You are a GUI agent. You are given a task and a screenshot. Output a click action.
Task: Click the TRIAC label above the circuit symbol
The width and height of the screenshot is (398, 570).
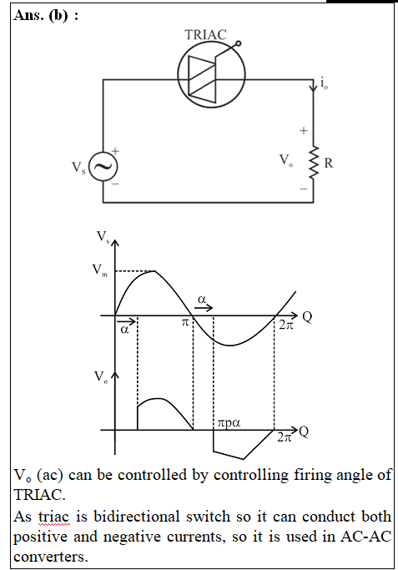coord(205,35)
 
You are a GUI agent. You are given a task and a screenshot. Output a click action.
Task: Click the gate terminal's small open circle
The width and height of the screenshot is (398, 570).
coord(238,44)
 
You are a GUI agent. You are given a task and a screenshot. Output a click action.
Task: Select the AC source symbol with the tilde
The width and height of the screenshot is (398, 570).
coord(103,166)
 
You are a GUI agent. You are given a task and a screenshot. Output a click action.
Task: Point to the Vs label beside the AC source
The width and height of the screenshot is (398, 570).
coord(78,168)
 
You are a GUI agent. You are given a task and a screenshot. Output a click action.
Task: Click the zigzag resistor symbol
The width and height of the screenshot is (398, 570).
coord(314,163)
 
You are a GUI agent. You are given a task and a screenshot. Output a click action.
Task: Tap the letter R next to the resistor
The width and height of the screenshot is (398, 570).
coord(328,163)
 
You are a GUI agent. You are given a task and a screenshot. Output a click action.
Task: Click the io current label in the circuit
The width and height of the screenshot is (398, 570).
coord(324,83)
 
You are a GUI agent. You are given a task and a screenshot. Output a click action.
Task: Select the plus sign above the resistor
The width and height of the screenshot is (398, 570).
coord(304,130)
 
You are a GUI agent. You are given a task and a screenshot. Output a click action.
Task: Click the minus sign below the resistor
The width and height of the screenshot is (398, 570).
coord(304,189)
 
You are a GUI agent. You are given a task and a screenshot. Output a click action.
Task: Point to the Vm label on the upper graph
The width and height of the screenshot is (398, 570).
coord(100,270)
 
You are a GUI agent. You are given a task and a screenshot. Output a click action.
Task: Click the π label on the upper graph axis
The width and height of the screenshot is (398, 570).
coord(185,322)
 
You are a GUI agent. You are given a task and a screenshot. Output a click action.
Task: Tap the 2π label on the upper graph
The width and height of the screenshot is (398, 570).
coord(285,325)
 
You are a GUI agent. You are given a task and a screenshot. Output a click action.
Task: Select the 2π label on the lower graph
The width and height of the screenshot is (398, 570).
coord(285,437)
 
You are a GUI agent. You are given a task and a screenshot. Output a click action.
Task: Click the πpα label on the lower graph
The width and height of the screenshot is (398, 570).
coord(229,423)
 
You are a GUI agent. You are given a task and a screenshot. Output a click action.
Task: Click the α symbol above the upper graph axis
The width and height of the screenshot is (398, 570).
coord(202,299)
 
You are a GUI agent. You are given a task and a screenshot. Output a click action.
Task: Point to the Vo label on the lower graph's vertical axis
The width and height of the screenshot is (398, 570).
coord(101,376)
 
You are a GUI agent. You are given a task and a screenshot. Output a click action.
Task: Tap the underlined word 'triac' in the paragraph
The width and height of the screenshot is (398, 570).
coord(53,517)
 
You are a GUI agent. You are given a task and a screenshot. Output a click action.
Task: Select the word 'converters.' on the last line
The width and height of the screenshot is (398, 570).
coord(51,557)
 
